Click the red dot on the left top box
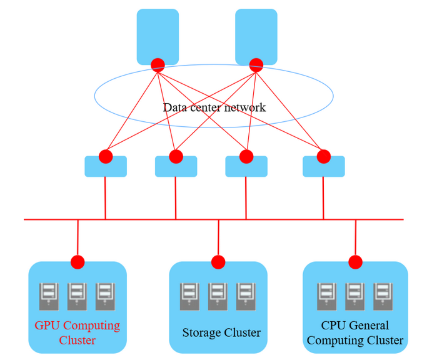coord(158,64)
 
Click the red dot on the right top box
coord(256,64)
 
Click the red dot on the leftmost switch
coord(106,156)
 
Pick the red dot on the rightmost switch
coord(323,156)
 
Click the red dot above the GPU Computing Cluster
coord(78,262)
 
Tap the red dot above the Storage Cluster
coord(218,262)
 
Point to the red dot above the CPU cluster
coord(355,262)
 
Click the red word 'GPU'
coord(48,326)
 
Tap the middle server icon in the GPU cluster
coord(77,296)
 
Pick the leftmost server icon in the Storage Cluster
coord(190,296)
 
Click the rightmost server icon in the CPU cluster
coord(383,296)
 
